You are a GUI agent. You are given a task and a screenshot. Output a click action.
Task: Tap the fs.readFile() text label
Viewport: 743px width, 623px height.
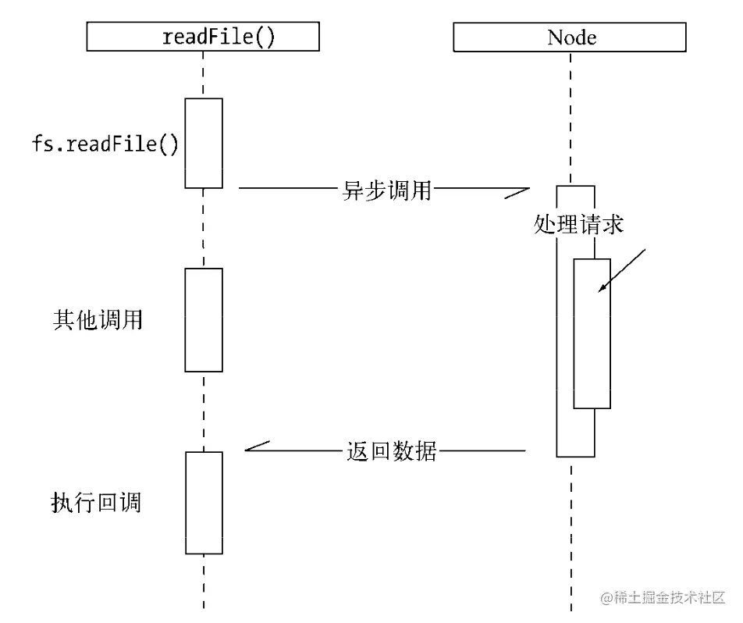pos(105,144)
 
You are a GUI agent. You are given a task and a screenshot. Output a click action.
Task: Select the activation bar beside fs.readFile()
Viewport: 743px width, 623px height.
pos(204,143)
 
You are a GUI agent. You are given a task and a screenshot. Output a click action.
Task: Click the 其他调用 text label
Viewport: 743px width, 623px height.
pos(98,320)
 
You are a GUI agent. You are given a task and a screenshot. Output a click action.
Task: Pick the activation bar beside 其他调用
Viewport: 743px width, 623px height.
pos(204,320)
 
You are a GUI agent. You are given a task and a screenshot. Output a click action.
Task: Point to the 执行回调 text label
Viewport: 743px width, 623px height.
pos(96,502)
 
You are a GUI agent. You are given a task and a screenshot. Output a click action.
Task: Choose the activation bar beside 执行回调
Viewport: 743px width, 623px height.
pos(204,502)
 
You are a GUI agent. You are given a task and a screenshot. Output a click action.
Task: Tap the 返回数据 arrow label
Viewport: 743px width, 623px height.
pos(391,451)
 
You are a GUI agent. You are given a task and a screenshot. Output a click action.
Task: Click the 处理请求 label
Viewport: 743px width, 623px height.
pos(578,225)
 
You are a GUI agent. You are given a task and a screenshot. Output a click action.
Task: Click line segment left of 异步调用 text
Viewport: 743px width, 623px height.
pos(285,188)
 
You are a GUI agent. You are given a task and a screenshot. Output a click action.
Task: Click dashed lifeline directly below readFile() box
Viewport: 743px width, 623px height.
pos(204,74)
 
